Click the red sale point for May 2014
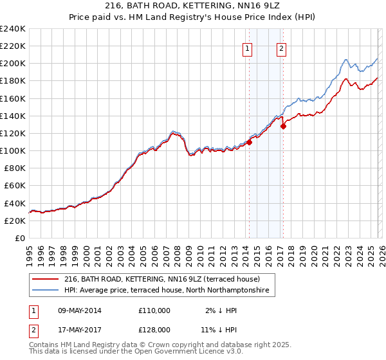click(249, 143)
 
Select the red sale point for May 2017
click(283, 126)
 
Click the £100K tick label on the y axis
click(13, 150)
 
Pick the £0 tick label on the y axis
click(21, 238)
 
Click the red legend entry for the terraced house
click(161, 280)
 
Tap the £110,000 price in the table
click(154, 310)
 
